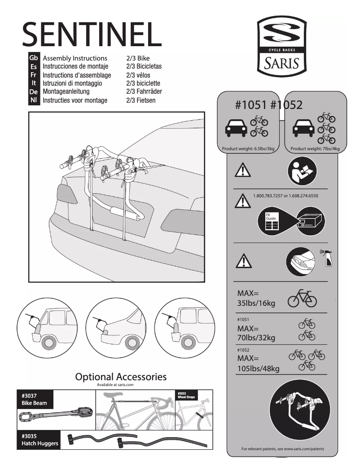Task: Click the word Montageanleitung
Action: click(x=66, y=92)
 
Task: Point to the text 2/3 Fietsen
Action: click(x=141, y=100)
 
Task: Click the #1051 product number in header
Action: click(x=251, y=105)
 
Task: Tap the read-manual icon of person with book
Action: click(x=302, y=172)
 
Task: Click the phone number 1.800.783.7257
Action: click(x=268, y=196)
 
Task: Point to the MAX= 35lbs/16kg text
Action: click(x=256, y=299)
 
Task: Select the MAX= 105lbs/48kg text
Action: click(x=258, y=364)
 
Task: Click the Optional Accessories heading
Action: click(x=121, y=377)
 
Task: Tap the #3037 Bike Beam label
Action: click(x=35, y=400)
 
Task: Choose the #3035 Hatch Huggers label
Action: click(x=40, y=440)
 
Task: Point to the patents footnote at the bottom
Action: click(x=282, y=449)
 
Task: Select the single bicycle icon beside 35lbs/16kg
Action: click(x=302, y=299)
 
